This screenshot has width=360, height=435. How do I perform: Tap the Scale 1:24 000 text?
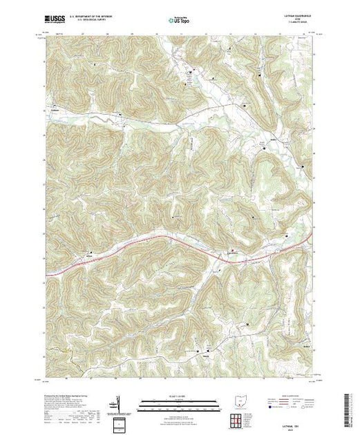(x=167, y=397)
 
